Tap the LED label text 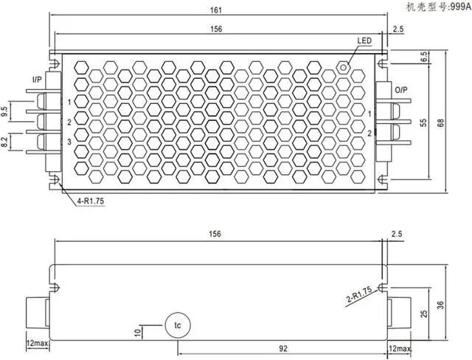click(x=365, y=41)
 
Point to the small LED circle click(x=343, y=66)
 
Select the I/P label click(x=37, y=78)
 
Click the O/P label click(x=400, y=89)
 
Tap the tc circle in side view click(x=177, y=325)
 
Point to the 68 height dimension click(x=440, y=122)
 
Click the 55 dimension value click(x=424, y=123)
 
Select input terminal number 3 click(x=69, y=141)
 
